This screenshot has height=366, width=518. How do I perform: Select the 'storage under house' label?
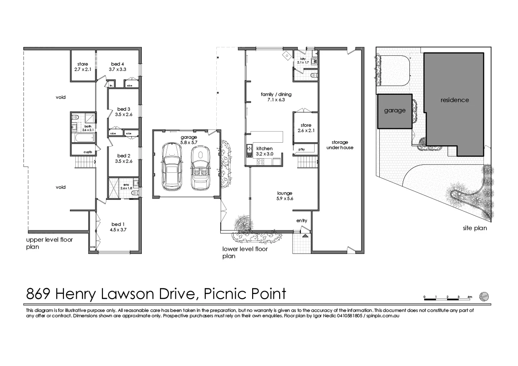340,145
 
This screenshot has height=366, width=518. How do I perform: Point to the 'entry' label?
302,221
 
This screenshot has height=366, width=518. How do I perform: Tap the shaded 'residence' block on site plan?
454,100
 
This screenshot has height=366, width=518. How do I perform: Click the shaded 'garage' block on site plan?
394,111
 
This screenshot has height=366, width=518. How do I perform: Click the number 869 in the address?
38,294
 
